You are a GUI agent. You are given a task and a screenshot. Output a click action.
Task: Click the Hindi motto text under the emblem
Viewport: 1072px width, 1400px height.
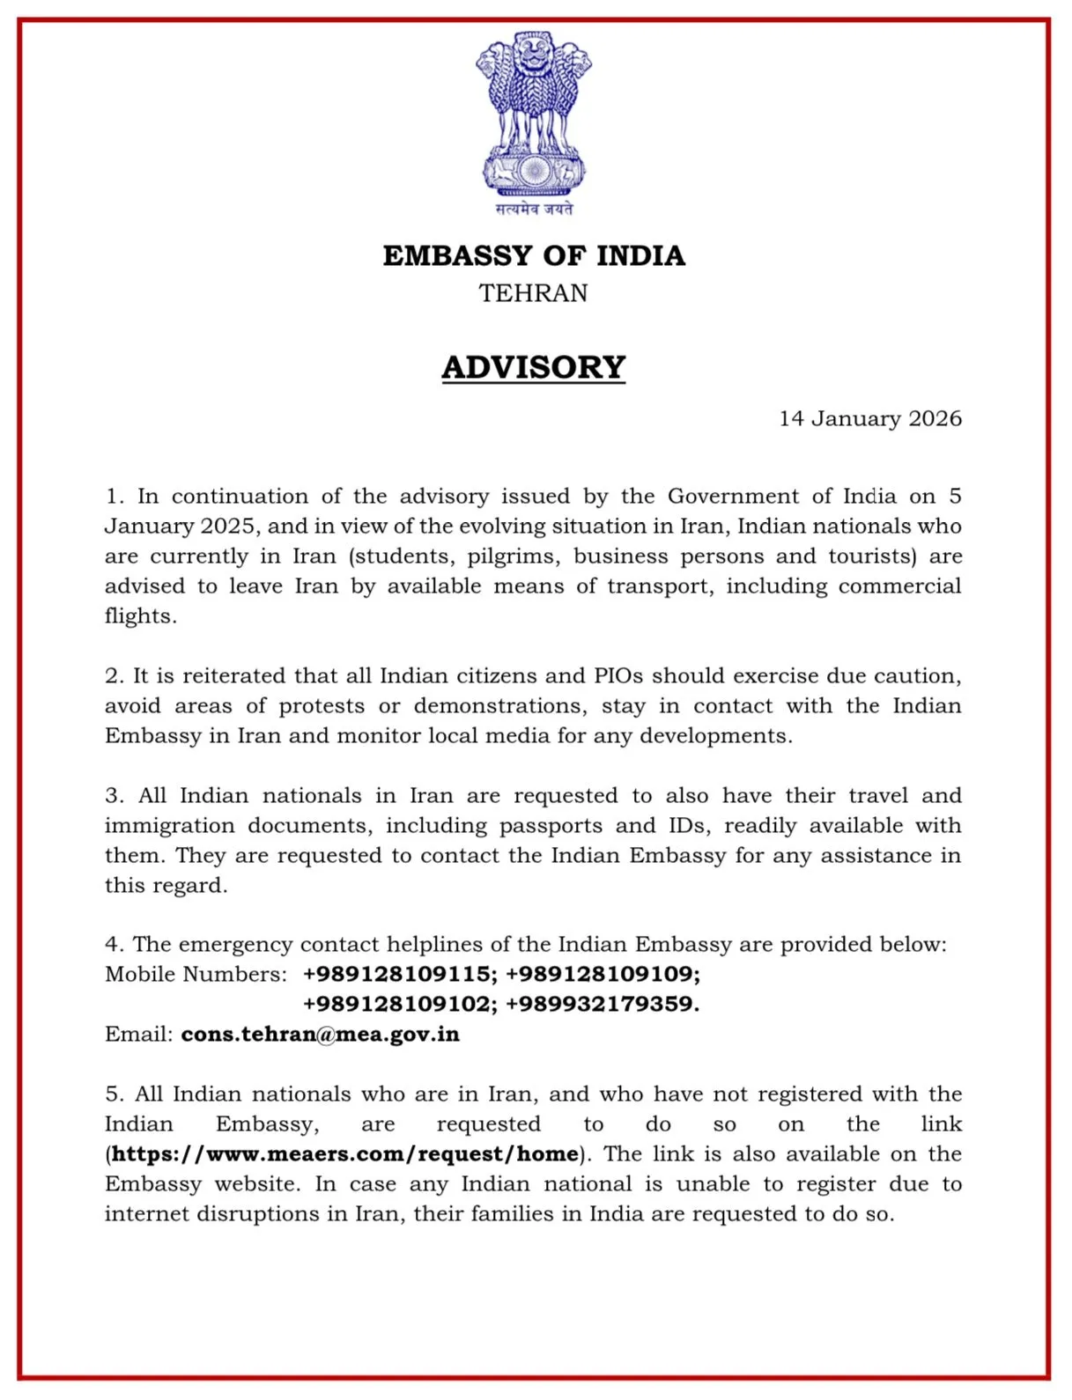coord(534,209)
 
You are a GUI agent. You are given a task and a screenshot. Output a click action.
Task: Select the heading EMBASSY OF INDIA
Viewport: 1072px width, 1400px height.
coord(534,255)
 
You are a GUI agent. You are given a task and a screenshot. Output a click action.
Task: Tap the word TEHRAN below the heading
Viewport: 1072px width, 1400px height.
coord(534,293)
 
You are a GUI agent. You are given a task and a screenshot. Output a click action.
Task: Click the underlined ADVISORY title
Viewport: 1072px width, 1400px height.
coord(534,367)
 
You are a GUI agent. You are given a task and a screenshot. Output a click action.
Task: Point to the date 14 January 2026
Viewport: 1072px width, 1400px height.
coord(870,418)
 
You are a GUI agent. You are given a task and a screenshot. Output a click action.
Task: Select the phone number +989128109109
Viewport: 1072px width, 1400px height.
coord(603,974)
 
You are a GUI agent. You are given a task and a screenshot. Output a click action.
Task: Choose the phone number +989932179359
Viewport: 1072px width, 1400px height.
coord(603,1004)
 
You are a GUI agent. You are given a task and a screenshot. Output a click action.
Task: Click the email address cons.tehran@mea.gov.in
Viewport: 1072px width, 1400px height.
coord(321,1034)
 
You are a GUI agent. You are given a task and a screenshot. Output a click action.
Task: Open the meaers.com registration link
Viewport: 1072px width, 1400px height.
coord(345,1153)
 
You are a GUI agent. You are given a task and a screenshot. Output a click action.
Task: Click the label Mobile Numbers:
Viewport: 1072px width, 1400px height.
coord(196,974)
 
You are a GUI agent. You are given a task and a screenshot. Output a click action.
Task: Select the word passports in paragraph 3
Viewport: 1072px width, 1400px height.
coord(551,826)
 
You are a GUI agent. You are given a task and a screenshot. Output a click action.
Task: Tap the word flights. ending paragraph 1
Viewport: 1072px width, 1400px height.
coord(140,616)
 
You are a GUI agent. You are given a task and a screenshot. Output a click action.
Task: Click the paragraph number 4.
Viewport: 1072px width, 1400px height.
coord(114,945)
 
